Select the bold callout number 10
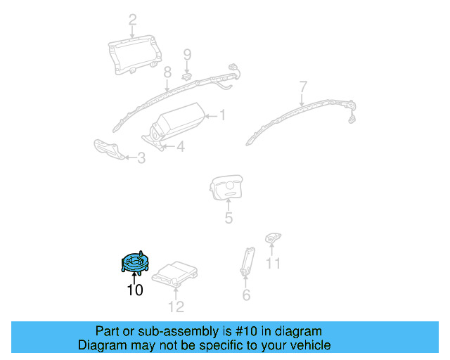(x=134, y=290)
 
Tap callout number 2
(x=132, y=19)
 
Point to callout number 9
(x=187, y=54)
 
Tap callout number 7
(x=303, y=86)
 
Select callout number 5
(x=229, y=218)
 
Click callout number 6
(x=246, y=295)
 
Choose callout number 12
(x=176, y=306)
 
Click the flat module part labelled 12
(x=176, y=274)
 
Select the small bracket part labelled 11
(x=273, y=239)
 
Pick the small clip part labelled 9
(x=188, y=75)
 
